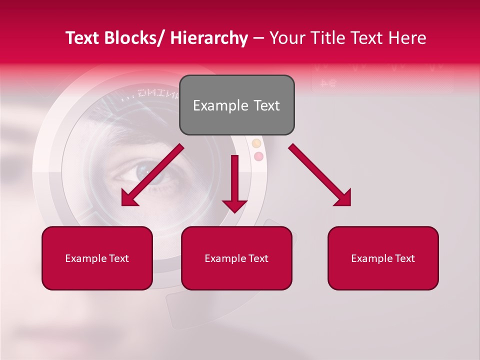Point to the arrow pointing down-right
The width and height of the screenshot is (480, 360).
320,175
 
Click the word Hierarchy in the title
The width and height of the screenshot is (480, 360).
209,38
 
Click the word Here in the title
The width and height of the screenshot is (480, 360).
407,38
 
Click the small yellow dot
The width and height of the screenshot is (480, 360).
256,144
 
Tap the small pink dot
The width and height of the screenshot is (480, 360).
258,156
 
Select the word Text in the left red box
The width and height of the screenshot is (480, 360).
119,258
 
